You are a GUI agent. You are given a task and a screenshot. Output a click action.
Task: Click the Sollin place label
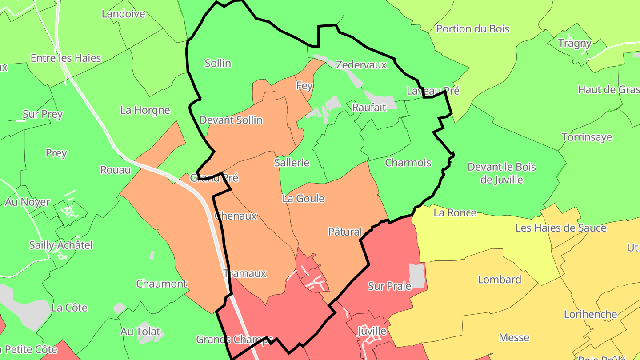[218, 63]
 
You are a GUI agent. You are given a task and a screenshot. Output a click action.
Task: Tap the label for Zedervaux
[361, 65]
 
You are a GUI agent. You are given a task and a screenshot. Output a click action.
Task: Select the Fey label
[304, 85]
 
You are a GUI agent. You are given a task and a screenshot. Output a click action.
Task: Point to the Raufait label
[369, 107]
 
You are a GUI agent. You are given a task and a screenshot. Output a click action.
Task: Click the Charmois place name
[408, 163]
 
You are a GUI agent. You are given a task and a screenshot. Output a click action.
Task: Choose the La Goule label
[304, 199]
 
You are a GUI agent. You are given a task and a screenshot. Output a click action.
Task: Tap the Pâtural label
[345, 232]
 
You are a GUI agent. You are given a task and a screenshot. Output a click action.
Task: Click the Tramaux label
[245, 273]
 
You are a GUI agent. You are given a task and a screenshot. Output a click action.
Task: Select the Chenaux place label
[236, 216]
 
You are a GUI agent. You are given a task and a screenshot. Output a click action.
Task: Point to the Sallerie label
[292, 163]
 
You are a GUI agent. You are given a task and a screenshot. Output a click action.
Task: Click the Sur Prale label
[389, 286]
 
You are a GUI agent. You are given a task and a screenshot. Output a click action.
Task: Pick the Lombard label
[500, 280]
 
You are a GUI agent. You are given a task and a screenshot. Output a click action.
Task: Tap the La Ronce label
[455, 212]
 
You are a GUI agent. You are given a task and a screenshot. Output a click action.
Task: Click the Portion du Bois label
[473, 29]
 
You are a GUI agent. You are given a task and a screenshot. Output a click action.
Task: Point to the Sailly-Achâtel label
[61, 245]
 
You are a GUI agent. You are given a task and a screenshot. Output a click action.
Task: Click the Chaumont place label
[162, 284]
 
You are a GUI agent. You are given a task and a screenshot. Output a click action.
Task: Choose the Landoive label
[124, 14]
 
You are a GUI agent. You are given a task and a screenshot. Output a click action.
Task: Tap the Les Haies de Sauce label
[561, 228]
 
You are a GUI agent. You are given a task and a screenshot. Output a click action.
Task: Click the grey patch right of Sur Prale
[417, 275]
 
